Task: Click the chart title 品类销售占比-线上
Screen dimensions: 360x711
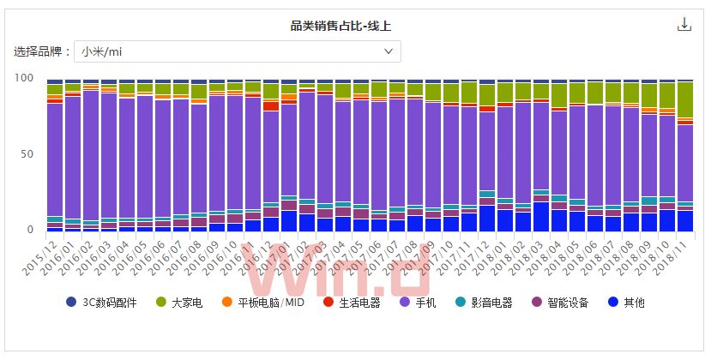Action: click(x=341, y=26)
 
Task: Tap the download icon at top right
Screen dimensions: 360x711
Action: click(x=684, y=24)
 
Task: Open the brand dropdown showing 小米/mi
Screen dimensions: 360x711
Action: click(x=237, y=51)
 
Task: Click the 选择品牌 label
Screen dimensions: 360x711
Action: click(x=40, y=51)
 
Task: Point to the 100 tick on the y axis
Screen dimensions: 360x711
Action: click(x=24, y=78)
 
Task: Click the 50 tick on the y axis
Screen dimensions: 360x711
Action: click(x=27, y=154)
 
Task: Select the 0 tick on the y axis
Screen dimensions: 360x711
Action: click(x=30, y=230)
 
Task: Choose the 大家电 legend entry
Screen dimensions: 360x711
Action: click(x=180, y=302)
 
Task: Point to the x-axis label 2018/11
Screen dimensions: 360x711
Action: click(x=672, y=258)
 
